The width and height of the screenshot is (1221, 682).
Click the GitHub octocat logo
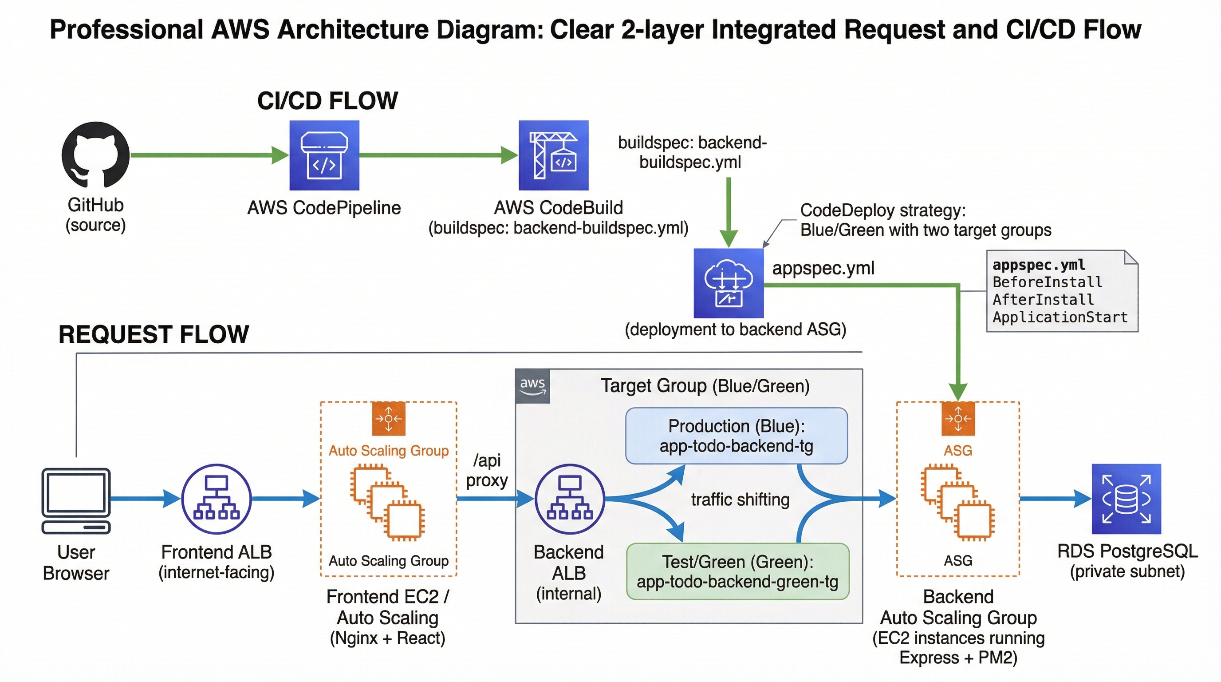coord(96,155)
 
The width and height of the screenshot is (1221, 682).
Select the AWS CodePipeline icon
coord(324,155)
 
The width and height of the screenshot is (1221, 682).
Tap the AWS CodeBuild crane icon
coord(553,155)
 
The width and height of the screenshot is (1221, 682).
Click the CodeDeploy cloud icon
coord(729,283)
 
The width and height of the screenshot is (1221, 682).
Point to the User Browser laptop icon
coord(76,501)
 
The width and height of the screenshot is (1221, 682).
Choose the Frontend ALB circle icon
coord(217,499)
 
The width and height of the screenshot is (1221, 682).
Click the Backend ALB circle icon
coord(570,499)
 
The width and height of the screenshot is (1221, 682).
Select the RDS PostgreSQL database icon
coord(1126,499)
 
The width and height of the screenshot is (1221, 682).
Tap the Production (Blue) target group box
coord(736,436)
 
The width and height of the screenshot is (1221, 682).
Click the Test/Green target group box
coord(737,571)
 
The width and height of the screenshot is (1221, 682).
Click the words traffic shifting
coord(740,500)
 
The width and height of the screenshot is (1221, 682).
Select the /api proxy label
coord(487,470)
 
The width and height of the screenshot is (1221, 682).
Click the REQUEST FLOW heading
coord(154,334)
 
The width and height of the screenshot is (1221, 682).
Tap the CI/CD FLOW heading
coord(327,100)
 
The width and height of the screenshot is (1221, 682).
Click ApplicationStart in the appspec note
coord(1060,317)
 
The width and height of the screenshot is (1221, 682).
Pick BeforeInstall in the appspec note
coord(1047,282)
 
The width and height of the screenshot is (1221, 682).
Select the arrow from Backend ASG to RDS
coord(1055,499)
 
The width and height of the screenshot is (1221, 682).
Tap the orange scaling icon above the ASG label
coord(958,418)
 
